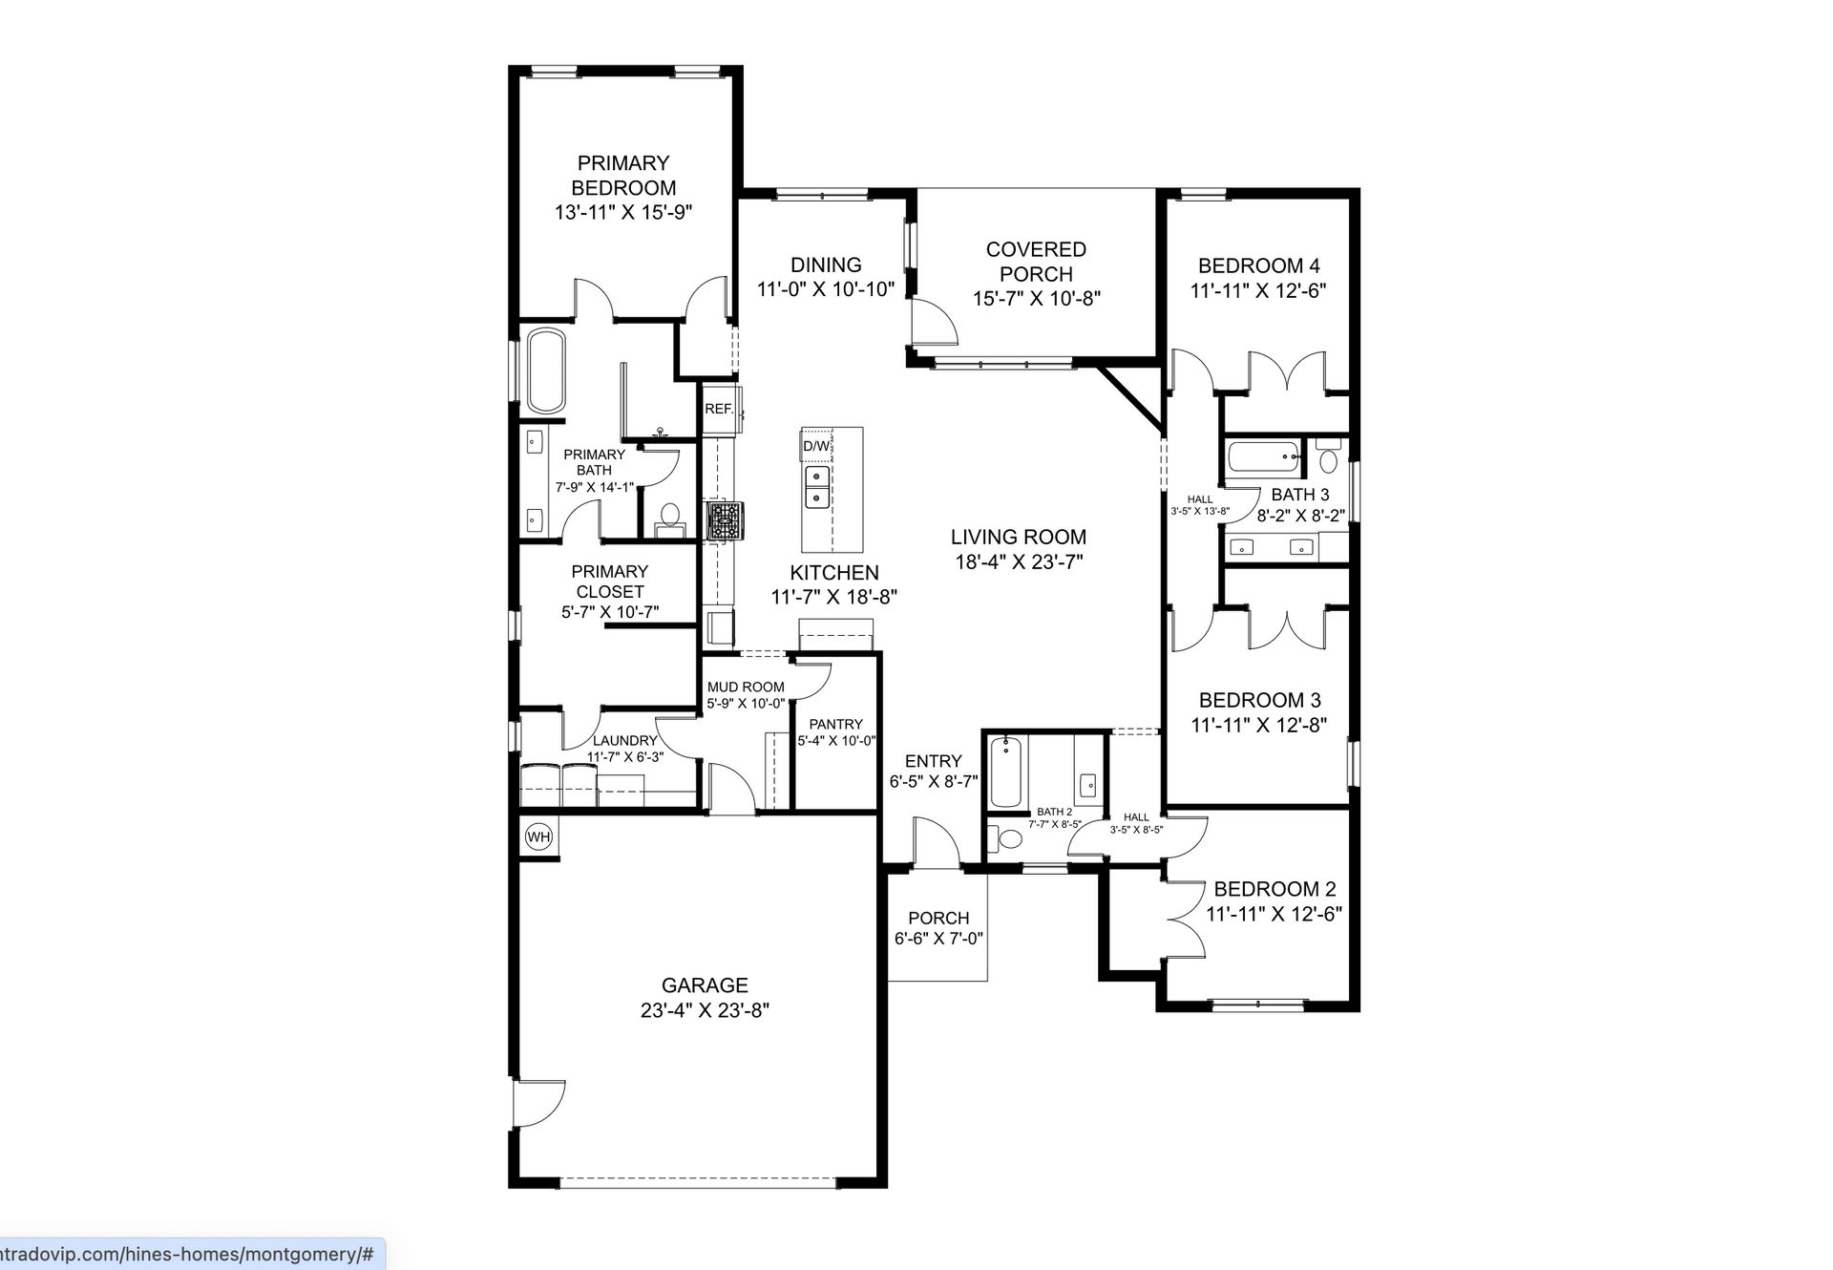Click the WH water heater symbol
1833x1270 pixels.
pyautogui.click(x=539, y=837)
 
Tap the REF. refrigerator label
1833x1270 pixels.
pyautogui.click(x=719, y=409)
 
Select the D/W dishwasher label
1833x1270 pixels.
pyautogui.click(x=816, y=446)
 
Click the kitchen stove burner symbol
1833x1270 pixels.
pyautogui.click(x=724, y=522)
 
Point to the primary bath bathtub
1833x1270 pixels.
pyautogui.click(x=546, y=370)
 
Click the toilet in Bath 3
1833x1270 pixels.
pyautogui.click(x=1328, y=458)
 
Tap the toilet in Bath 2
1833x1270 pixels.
pyautogui.click(x=1006, y=839)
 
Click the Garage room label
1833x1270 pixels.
pyautogui.click(x=705, y=985)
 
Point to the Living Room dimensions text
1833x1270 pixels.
pyautogui.click(x=1019, y=562)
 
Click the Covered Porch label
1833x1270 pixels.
pyautogui.click(x=1036, y=262)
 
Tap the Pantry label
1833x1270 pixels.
pyautogui.click(x=835, y=725)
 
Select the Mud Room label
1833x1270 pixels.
pyautogui.click(x=746, y=688)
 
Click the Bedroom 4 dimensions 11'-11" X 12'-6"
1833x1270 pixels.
pyautogui.click(x=1258, y=291)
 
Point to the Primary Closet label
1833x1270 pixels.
pyautogui.click(x=609, y=582)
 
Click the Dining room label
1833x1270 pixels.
pyautogui.click(x=826, y=265)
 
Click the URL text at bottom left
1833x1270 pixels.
pyautogui.click(x=187, y=1254)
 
